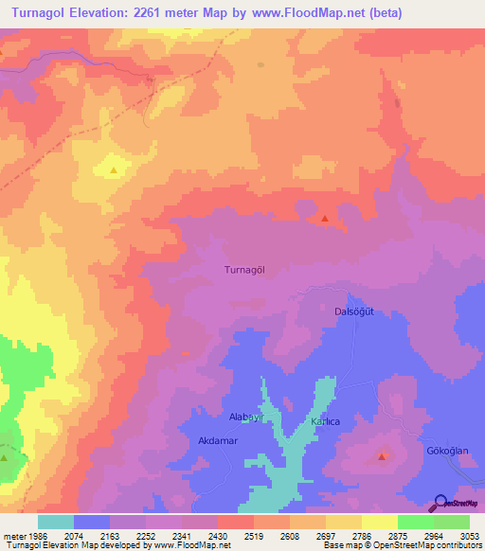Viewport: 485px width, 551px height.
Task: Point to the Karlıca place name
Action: (325, 421)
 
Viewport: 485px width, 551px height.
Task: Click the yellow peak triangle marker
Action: (114, 170)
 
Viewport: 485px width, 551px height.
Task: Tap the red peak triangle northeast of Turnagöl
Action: (325, 219)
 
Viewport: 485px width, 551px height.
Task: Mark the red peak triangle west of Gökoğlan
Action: (382, 456)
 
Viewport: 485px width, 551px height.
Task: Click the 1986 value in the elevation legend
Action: (37, 535)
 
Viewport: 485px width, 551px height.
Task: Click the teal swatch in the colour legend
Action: (56, 522)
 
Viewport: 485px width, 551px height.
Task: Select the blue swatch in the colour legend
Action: (92, 522)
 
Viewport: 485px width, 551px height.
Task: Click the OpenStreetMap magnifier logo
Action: (440, 503)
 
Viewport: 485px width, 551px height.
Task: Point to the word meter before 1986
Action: (13, 535)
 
